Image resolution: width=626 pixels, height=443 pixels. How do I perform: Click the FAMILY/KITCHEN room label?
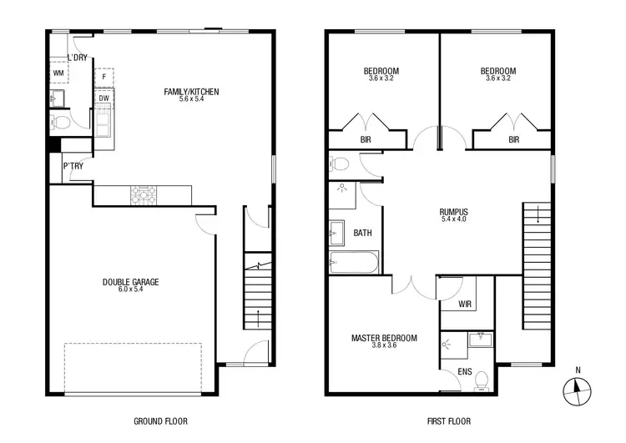coord(191,92)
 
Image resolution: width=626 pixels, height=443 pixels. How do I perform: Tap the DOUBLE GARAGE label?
coord(130,282)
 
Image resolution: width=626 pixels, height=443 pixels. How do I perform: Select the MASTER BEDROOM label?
coord(384,338)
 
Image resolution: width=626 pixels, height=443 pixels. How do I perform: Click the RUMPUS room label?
coord(454,212)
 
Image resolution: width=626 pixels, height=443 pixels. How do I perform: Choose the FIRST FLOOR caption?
coord(439,421)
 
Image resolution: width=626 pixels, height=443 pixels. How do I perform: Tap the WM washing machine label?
coord(58,73)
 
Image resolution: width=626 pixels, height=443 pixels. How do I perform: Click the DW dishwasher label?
coord(103,98)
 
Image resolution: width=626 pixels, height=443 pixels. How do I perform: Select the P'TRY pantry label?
coord(72,166)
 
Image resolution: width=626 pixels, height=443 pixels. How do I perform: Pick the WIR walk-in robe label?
coord(465,305)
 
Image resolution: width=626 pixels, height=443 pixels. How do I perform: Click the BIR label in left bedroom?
coord(366,140)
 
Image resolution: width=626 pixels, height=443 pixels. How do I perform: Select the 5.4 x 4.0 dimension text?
coord(454,219)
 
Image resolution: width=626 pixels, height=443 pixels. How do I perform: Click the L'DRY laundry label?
coord(78,58)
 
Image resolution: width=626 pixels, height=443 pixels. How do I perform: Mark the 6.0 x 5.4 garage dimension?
coord(130,289)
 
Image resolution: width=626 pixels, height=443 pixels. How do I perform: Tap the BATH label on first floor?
coord(362,233)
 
